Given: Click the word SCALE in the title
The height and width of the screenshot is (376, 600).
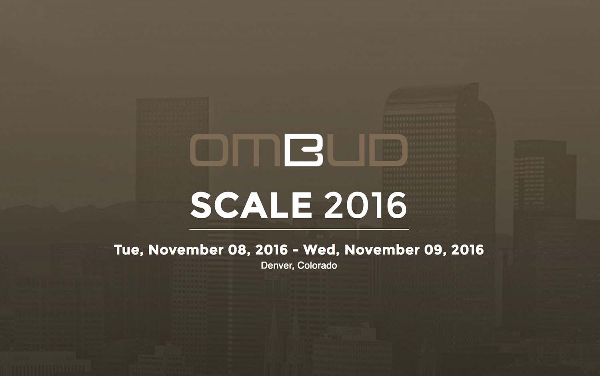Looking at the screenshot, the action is (x=251, y=206).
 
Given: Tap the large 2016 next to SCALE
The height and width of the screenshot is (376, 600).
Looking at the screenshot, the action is (x=365, y=206).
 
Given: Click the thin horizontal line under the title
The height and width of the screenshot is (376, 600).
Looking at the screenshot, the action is (x=299, y=229).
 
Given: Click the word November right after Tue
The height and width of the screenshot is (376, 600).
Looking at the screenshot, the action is (x=186, y=250).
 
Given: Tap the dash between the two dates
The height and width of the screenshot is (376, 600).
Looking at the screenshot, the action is (x=296, y=251).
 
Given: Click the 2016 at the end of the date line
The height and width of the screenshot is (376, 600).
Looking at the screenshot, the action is (x=468, y=250).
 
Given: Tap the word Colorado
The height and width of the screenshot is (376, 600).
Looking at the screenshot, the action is (x=317, y=265).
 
